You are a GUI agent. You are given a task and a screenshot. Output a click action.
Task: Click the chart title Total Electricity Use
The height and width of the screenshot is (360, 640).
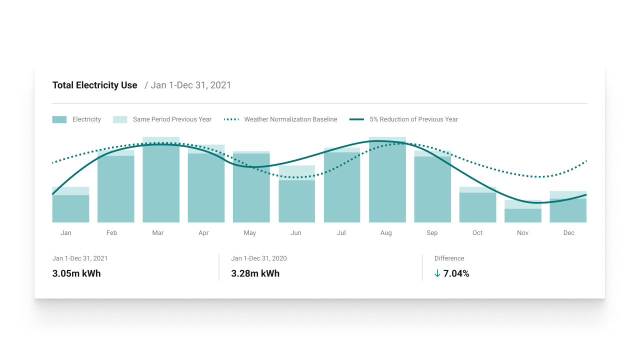point(94,85)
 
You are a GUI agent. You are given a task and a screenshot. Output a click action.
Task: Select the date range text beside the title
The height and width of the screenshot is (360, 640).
point(188,85)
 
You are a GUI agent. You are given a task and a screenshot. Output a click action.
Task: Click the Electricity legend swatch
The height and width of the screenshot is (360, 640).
point(59,119)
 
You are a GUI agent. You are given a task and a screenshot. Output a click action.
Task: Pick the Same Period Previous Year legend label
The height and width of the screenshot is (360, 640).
point(172,119)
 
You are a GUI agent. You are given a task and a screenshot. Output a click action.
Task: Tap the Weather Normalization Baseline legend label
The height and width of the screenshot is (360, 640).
point(290,119)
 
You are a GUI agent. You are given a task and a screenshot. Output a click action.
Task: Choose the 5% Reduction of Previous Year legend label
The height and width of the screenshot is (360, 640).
point(413,119)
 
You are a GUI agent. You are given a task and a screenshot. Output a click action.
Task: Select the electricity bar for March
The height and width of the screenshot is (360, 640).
point(161,185)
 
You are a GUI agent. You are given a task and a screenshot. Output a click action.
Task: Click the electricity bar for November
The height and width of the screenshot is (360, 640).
point(522,215)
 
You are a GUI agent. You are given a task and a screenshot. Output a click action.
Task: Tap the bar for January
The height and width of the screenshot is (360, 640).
point(70,208)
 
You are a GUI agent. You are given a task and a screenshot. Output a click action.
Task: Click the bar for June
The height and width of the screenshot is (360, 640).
point(297,201)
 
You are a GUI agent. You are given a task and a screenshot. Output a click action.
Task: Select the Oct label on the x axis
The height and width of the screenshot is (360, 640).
point(477,233)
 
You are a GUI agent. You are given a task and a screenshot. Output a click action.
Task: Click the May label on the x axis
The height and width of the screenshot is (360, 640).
point(250,233)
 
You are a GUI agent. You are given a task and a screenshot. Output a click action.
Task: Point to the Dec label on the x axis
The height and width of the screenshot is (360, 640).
point(569,233)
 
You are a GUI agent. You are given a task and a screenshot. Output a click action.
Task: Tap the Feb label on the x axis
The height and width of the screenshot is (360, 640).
point(111,233)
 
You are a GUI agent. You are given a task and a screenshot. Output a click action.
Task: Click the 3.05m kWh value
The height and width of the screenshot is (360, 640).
point(76,273)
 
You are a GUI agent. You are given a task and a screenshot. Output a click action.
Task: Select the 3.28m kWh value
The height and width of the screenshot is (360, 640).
point(255,273)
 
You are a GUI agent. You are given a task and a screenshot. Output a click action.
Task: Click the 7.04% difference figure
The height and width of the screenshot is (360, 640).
point(456,273)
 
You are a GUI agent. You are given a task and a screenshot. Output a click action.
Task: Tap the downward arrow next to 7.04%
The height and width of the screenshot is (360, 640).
point(437,273)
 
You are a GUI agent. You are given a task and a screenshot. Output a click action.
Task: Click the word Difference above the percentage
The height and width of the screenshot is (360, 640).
point(449,258)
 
